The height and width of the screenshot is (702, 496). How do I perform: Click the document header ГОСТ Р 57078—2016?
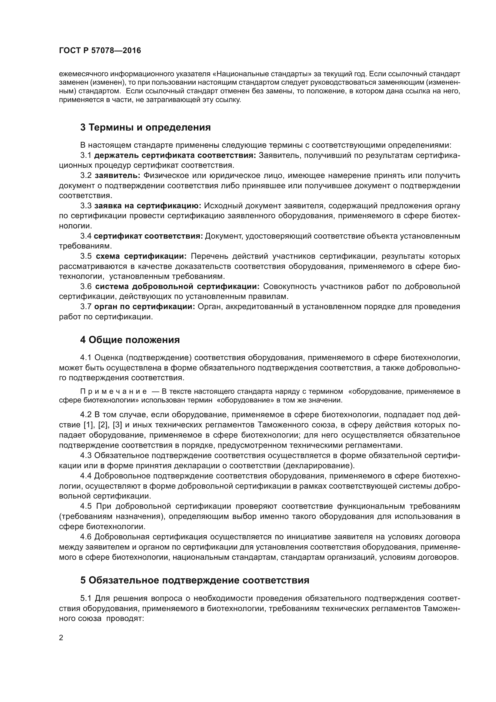[100, 51]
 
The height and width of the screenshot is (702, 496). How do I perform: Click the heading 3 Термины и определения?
[145, 128]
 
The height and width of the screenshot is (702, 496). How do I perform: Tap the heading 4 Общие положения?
[130, 340]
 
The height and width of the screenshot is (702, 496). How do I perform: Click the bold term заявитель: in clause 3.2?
[117, 176]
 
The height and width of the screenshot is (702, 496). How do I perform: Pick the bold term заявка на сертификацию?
[148, 206]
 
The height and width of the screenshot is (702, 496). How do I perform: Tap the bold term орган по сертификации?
[145, 307]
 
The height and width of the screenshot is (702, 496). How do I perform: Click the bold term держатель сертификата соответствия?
[175, 155]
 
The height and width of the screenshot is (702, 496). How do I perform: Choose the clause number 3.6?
[86, 287]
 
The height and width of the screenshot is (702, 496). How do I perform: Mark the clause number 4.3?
[86, 455]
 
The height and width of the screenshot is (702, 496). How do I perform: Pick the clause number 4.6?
[86, 537]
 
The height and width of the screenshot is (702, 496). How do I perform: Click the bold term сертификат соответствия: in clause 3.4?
[148, 236]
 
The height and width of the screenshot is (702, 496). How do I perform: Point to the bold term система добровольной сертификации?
[177, 287]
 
